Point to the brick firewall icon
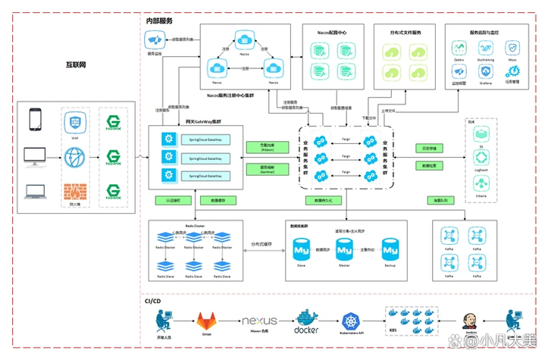pos(74,191)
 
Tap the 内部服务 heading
pos(159,21)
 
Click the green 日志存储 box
pos(430,148)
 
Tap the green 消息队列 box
pos(440,201)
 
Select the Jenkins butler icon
pos(471,319)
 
